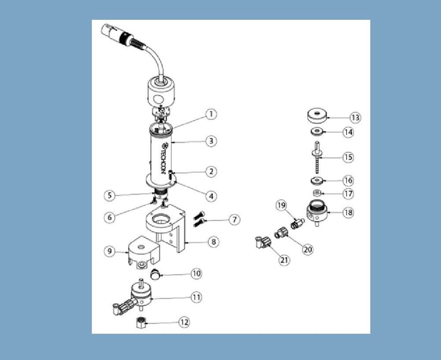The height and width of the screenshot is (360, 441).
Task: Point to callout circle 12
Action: pos(184,323)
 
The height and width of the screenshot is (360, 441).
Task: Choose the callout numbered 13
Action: pos(355,118)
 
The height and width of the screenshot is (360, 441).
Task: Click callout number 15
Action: pos(348,157)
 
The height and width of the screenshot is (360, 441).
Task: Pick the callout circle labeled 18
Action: pos(348,212)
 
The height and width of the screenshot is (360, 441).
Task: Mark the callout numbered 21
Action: pos(284,260)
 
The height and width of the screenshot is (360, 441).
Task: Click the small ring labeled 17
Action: pos(317,193)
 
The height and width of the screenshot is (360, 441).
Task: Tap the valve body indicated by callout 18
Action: pos(317,213)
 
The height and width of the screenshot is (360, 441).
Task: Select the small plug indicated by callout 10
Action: pos(155,274)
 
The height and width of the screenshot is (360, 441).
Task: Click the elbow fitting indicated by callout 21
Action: pos(262,242)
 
